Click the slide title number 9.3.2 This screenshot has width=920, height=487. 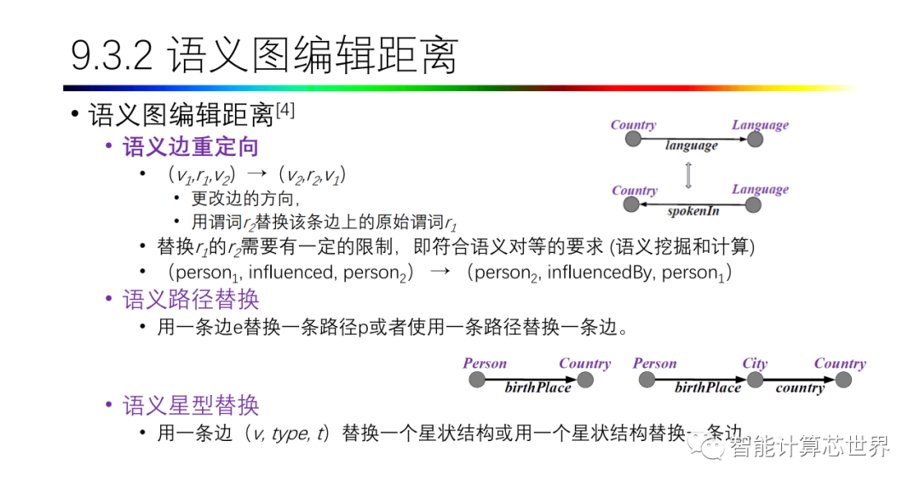tap(112, 56)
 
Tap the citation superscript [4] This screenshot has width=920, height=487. tap(285, 111)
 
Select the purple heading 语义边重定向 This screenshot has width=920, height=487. tap(191, 146)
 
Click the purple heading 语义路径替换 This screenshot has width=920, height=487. tap(191, 299)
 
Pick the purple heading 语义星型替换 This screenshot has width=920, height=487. tap(191, 404)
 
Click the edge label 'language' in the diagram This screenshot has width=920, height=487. tap(691, 146)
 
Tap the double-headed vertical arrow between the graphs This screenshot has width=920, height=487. tap(688, 175)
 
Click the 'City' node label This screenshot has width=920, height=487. tap(754, 364)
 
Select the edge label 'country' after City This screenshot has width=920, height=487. tap(799, 388)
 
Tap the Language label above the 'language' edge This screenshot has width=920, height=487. tap(760, 125)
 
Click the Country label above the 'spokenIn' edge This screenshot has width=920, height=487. tap(634, 190)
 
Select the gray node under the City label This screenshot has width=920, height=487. tap(755, 380)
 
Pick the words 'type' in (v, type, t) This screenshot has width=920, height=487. tap(290, 433)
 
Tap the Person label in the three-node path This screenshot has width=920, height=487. tap(654, 364)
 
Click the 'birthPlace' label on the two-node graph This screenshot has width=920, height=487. tap(538, 388)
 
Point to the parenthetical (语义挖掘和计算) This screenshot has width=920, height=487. tap(681, 247)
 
